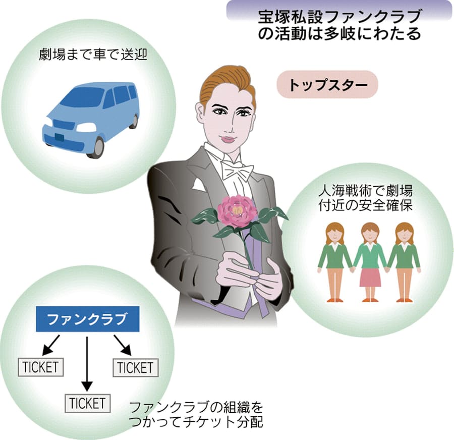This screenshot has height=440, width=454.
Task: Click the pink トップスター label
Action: point(327,84)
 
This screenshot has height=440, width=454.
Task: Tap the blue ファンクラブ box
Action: point(87,319)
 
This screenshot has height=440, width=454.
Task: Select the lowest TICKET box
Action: point(87,403)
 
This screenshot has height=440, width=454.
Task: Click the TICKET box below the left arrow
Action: point(41,367)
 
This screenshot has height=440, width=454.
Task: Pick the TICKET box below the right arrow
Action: point(136,367)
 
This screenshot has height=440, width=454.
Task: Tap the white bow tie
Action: point(237,171)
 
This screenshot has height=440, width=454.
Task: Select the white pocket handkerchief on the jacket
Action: point(198,185)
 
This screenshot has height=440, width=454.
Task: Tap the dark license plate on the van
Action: point(60,137)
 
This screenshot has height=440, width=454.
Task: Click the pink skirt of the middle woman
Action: point(370,277)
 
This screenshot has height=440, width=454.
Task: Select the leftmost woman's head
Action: point(334,232)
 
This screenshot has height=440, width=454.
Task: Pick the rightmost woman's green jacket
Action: point(404,256)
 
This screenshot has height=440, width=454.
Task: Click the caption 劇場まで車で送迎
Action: point(93,54)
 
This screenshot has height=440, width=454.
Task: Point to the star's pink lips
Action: point(228,139)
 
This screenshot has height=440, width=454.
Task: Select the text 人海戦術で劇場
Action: point(365,191)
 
